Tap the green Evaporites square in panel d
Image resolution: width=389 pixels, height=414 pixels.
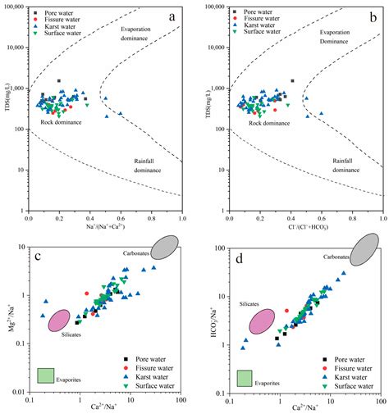coord(244,377)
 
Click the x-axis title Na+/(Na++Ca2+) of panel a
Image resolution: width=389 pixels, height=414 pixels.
coord(106,226)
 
